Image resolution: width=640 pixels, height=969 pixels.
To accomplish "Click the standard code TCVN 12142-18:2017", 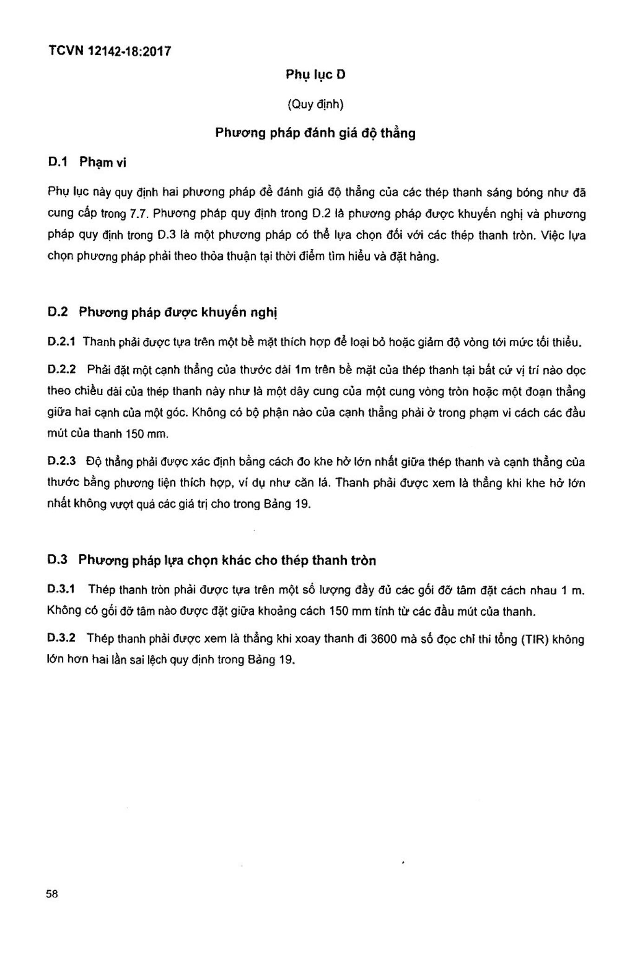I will [110, 51].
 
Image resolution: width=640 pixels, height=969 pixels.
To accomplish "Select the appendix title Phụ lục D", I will [315, 75].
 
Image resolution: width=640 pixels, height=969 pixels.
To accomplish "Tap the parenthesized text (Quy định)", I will [315, 104].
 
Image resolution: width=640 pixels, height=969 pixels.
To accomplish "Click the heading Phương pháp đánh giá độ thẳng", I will [315, 134].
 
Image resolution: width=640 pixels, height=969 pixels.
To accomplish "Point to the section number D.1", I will [58, 162].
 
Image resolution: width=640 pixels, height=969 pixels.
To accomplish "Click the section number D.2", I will [58, 312].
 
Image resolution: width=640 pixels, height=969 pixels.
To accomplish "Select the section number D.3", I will [58, 560].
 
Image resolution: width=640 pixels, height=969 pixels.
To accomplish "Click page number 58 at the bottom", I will [52, 894].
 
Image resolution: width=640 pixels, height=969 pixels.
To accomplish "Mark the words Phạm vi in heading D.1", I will [103, 162].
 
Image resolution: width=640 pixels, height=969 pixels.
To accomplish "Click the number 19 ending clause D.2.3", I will [302, 504].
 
